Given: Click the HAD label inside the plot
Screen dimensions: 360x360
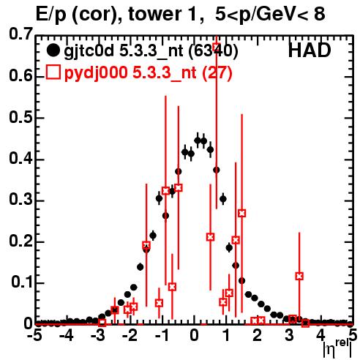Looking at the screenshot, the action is [x=310, y=50].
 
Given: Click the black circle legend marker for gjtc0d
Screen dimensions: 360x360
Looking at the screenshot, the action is [x=53, y=50].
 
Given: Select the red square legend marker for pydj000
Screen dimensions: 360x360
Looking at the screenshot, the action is [x=53, y=72].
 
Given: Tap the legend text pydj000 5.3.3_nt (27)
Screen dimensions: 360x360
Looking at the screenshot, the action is [x=149, y=72].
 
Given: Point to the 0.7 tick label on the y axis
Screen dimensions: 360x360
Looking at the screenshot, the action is [x=20, y=34].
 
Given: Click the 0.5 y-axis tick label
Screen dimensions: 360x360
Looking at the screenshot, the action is [x=20, y=117].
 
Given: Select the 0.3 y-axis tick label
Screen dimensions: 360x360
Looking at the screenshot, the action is [x=20, y=200].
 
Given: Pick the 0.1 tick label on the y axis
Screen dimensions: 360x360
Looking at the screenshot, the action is [x=21, y=282].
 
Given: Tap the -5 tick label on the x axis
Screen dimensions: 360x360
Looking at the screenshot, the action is [x=35, y=336].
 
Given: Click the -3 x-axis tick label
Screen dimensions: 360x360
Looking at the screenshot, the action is [x=98, y=336].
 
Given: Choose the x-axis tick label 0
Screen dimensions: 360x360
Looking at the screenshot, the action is [x=194, y=336].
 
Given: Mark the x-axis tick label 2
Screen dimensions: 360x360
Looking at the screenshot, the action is [x=257, y=336].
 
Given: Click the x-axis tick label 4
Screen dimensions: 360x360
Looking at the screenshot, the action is [x=320, y=336].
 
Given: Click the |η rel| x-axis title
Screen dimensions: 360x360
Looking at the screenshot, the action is [x=338, y=348].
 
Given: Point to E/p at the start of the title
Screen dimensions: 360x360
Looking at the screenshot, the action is [x=51, y=15].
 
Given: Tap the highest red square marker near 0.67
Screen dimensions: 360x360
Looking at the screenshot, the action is [x=217, y=47].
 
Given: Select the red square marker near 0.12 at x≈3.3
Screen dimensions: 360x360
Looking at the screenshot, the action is [x=299, y=276].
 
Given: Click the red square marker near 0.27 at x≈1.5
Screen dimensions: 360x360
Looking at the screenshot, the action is [x=241, y=213].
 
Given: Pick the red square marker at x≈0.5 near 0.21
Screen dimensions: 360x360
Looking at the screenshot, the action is [x=210, y=237].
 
